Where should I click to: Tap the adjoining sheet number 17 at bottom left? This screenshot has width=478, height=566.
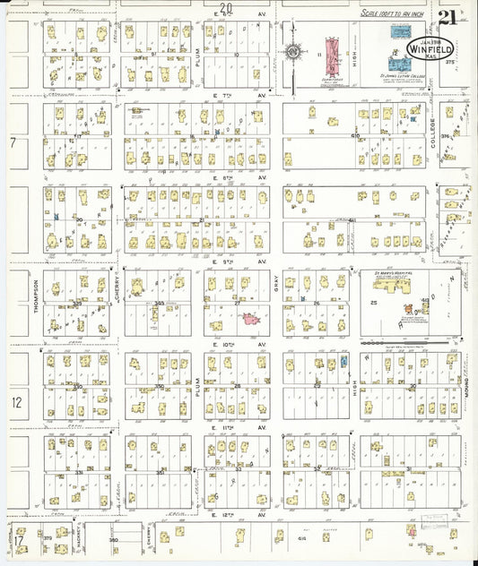tap(17, 542)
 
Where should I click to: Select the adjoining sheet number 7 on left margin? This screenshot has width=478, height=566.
tap(13, 143)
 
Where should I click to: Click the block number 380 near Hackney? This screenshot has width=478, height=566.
tap(113, 540)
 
